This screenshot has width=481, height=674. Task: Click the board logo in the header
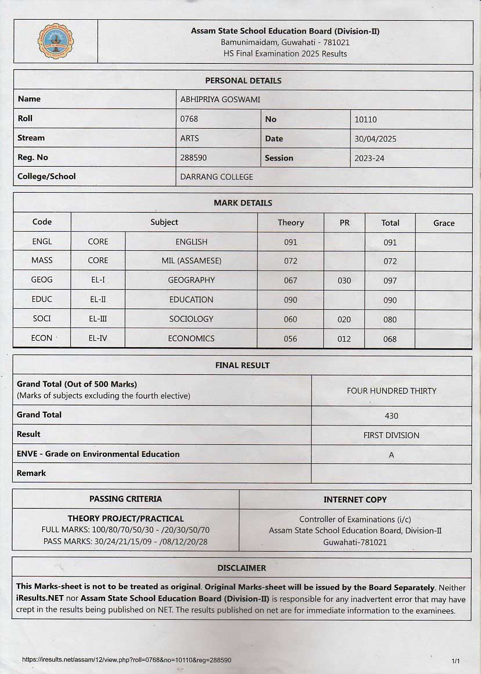[56, 41]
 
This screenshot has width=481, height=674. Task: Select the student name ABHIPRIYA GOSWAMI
[220, 100]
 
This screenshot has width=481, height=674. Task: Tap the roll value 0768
[189, 119]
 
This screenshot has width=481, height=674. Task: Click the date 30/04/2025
[375, 139]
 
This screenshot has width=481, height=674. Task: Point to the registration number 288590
[193, 158]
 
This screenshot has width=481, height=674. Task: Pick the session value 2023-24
[369, 158]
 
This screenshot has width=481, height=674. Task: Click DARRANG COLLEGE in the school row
[216, 177]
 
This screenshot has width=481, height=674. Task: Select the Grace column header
[444, 223]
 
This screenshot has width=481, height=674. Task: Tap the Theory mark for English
[291, 243]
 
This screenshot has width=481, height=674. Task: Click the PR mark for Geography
[344, 280]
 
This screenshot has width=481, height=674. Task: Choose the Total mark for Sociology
[390, 320]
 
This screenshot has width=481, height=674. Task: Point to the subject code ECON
[42, 338]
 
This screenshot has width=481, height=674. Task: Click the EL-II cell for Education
[97, 300]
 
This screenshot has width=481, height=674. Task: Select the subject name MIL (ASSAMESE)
[191, 261]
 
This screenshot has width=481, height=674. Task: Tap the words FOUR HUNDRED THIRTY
[391, 391]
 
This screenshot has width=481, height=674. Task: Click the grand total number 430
[391, 416]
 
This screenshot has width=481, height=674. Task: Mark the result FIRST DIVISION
[391, 435]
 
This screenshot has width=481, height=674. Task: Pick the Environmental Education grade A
[391, 455]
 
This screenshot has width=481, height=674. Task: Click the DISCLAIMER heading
[241, 568]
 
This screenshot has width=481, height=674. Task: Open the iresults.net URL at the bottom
[126, 660]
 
